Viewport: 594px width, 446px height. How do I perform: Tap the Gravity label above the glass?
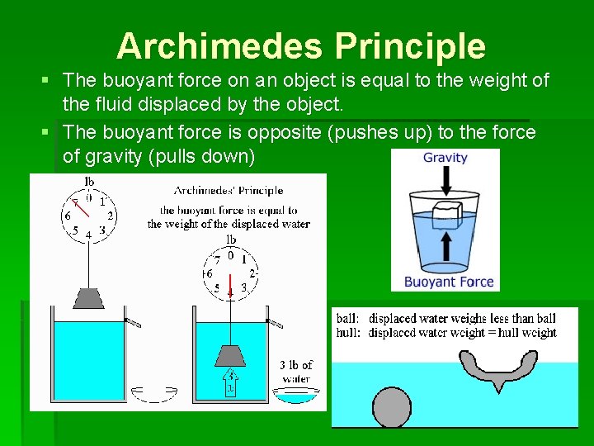pyautogui.click(x=445, y=158)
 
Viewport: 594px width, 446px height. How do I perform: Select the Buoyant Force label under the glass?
pyautogui.click(x=449, y=282)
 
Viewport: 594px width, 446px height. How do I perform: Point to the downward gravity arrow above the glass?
pyautogui.click(x=445, y=179)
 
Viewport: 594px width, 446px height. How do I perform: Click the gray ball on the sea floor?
pyautogui.click(x=392, y=408)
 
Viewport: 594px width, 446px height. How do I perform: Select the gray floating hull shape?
pyautogui.click(x=496, y=368)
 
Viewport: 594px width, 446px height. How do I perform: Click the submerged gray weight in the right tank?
pyautogui.click(x=230, y=354)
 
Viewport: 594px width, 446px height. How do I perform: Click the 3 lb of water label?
pyautogui.click(x=295, y=371)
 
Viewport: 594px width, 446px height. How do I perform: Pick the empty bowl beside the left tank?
pyautogui.click(x=152, y=394)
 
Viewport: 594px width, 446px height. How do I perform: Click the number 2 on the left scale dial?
pyautogui.click(x=110, y=216)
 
